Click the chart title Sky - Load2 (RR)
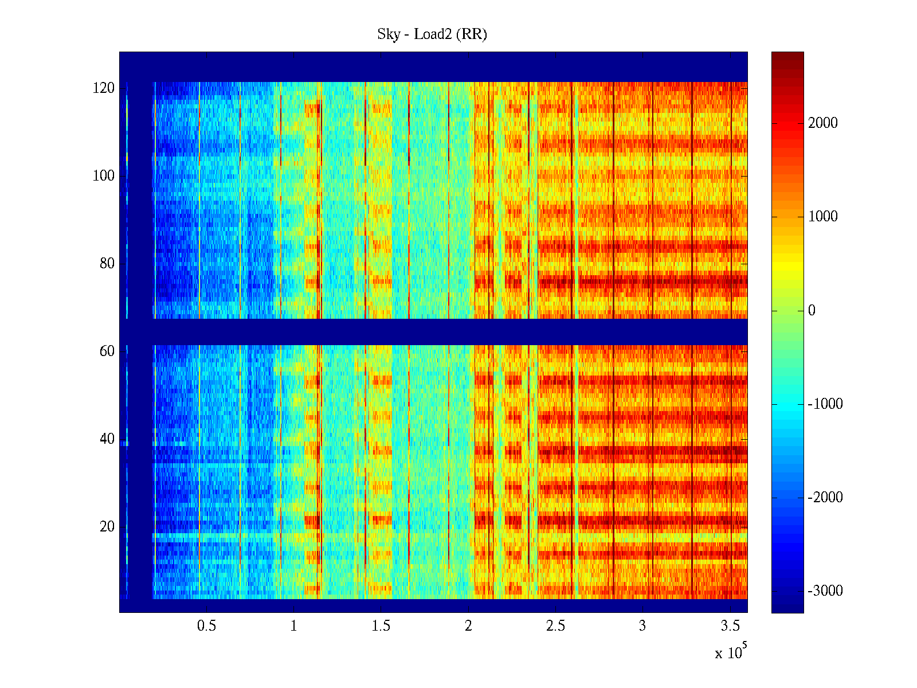432,34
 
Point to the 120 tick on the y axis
104,88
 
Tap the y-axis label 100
104,176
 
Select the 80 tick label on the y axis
107,264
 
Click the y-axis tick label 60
107,351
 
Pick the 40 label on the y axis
107,439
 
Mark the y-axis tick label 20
107,527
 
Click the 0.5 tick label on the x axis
206,626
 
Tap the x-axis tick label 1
294,626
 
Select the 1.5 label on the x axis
381,626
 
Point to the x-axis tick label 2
468,626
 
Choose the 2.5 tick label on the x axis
555,626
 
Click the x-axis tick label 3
642,626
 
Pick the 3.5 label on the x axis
730,626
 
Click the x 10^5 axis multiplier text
731,652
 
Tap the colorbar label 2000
822,123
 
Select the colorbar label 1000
822,217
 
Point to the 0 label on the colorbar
812,311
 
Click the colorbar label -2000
825,498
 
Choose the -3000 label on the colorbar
825,591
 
